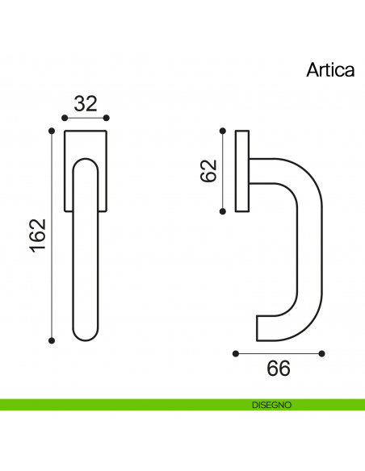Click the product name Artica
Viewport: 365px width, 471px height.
[x=330, y=69]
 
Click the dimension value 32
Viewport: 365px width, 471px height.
[x=86, y=103]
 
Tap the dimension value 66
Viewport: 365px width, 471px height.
[x=278, y=369]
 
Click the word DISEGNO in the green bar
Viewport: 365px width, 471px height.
[x=271, y=404]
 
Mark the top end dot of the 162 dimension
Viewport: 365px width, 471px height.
[x=52, y=130]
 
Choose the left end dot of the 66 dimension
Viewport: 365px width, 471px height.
[x=234, y=352]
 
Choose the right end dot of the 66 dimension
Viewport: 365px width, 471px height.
[x=321, y=352]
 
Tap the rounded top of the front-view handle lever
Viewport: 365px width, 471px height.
[x=86, y=161]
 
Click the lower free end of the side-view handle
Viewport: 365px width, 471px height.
[x=261, y=327]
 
